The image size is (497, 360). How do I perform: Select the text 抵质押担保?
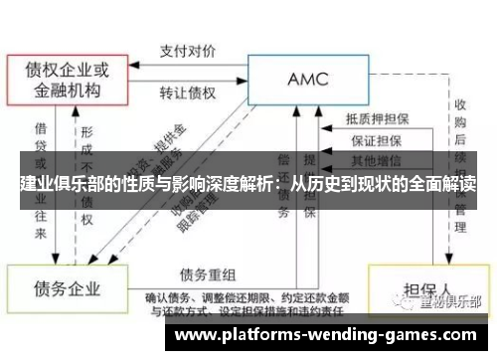[377, 118]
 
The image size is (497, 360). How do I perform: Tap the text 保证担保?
[377, 140]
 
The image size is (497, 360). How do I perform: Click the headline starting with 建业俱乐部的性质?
[248, 185]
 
